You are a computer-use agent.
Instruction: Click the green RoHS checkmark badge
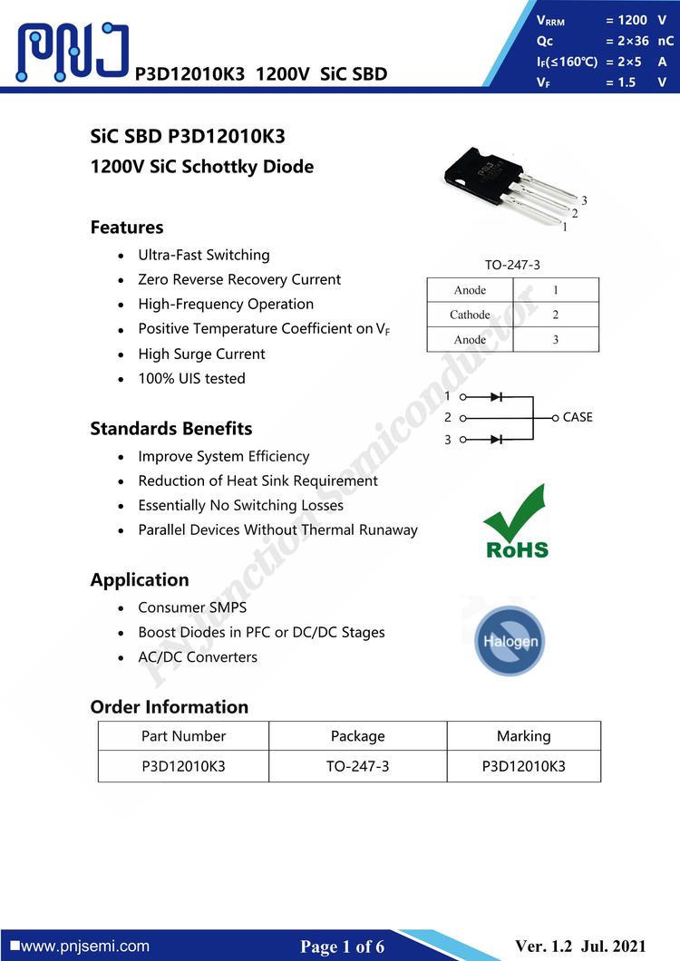click(516, 522)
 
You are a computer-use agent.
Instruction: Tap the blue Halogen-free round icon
click(510, 641)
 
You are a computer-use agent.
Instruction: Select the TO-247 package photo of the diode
click(508, 186)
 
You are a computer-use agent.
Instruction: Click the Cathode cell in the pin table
click(470, 315)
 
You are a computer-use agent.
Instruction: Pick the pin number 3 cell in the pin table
click(555, 339)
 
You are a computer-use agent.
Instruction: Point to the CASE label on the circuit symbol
click(578, 417)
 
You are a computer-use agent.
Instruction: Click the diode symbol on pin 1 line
click(496, 396)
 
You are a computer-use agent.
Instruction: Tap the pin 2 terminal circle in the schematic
click(463, 418)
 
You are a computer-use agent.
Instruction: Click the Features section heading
click(127, 228)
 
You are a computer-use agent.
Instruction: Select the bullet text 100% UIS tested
click(191, 378)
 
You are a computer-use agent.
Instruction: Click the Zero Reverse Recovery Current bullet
click(239, 279)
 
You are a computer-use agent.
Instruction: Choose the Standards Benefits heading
click(171, 429)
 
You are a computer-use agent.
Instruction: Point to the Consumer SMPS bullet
click(192, 607)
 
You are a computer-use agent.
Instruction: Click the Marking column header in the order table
click(523, 736)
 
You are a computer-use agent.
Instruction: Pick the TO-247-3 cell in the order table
click(357, 766)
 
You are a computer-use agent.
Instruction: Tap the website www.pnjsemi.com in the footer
click(84, 946)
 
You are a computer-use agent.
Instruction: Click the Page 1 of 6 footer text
click(343, 946)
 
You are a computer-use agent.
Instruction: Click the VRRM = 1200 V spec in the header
click(601, 20)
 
